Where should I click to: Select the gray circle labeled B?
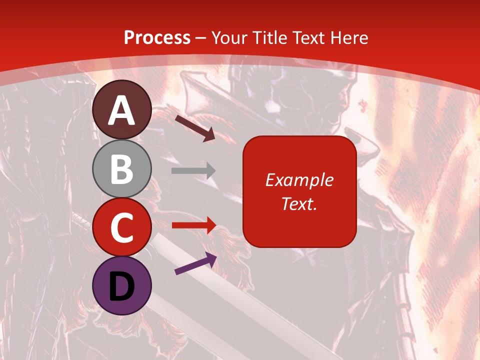122,168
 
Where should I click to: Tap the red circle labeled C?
122,227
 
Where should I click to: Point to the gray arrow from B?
193,171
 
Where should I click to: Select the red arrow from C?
193,225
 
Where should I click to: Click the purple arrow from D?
195,263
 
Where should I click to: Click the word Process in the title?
157,38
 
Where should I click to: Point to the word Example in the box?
299,180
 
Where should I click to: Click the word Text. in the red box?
299,203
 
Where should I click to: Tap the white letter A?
122,111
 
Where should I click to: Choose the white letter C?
122,228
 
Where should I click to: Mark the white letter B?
122,169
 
